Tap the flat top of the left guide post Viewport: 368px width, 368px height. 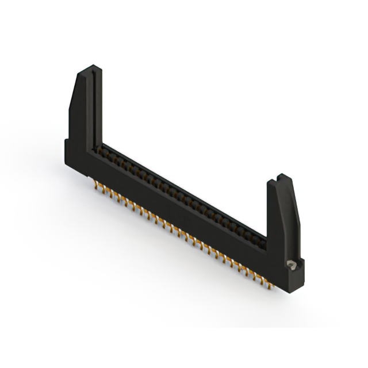[x=89, y=70]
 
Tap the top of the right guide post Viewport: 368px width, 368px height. [x=281, y=180]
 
